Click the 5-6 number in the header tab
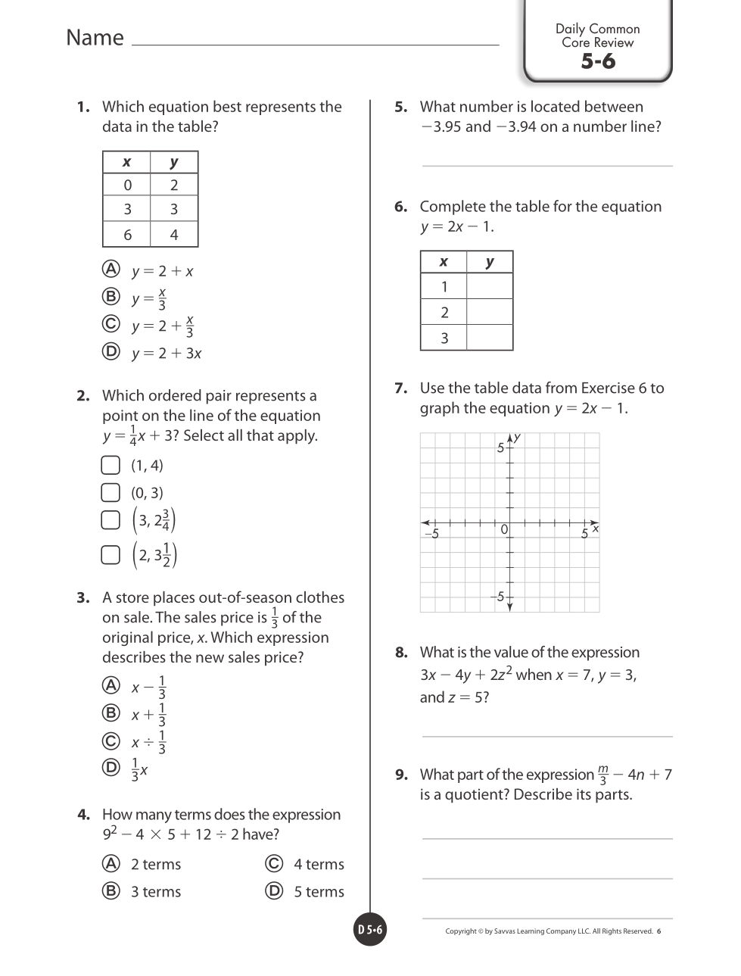(x=598, y=61)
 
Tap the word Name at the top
(x=95, y=38)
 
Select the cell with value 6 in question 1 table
(x=127, y=235)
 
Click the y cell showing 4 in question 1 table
(x=174, y=235)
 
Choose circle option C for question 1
(x=111, y=324)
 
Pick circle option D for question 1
(x=111, y=351)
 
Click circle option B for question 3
(x=111, y=713)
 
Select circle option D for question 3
(x=111, y=768)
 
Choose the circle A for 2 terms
(x=111, y=863)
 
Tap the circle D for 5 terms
(x=274, y=890)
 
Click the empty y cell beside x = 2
(x=490, y=312)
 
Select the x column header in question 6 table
(x=444, y=262)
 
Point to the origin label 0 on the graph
(x=504, y=530)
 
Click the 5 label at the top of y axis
(x=500, y=447)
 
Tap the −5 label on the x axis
(x=431, y=534)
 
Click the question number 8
(x=401, y=653)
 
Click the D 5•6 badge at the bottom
(x=370, y=930)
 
